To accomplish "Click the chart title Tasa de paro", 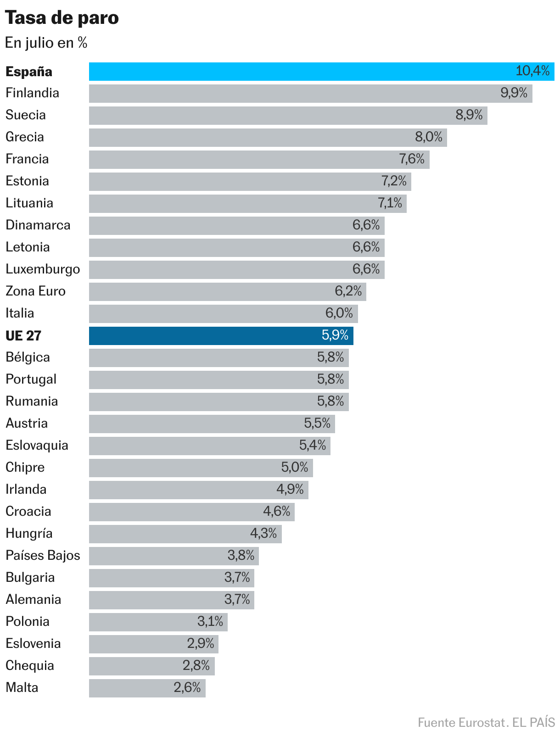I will pos(62,18).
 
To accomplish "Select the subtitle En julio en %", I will pos(46,43).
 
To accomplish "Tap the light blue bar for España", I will pos(298,72).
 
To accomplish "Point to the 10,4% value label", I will pos(532,71).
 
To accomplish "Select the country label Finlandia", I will pos(32,93).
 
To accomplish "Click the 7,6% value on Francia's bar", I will pos(412,159).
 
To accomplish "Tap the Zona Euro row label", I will pos(35,291).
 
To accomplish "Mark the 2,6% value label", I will pos(187,687).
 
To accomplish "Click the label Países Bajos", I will pos(43,556).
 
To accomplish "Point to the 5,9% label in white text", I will pos(335,335).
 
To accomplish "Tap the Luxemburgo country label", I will pos(43,269).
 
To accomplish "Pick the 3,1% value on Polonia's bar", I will pos(210,621).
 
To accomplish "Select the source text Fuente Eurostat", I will pos(461,723).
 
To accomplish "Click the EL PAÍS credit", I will pos(533,723).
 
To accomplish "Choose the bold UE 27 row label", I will pos(23,336).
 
